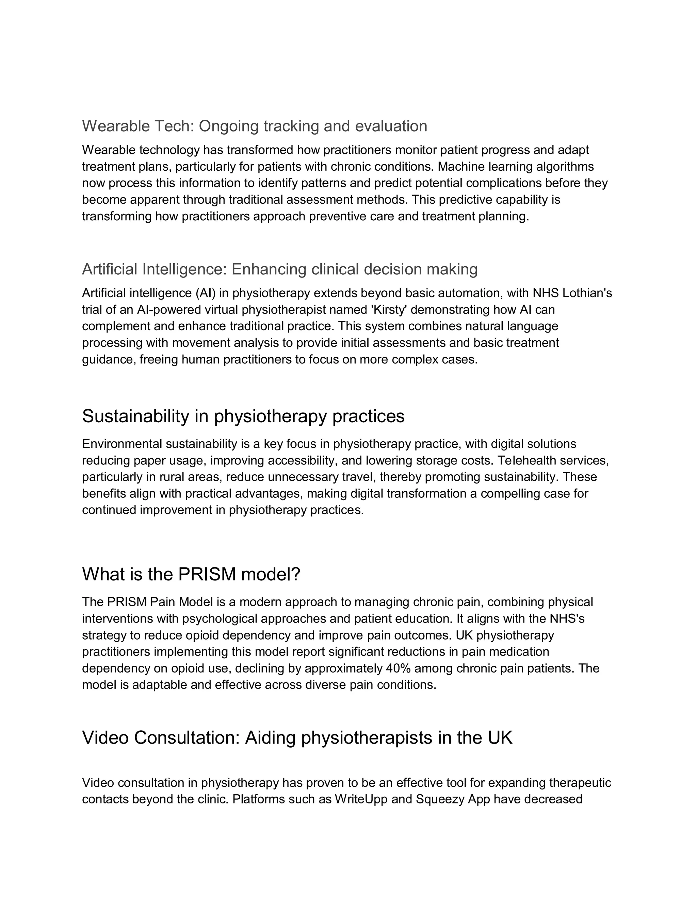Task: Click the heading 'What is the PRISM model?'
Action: [x=191, y=574]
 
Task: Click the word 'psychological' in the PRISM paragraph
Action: [x=218, y=618]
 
